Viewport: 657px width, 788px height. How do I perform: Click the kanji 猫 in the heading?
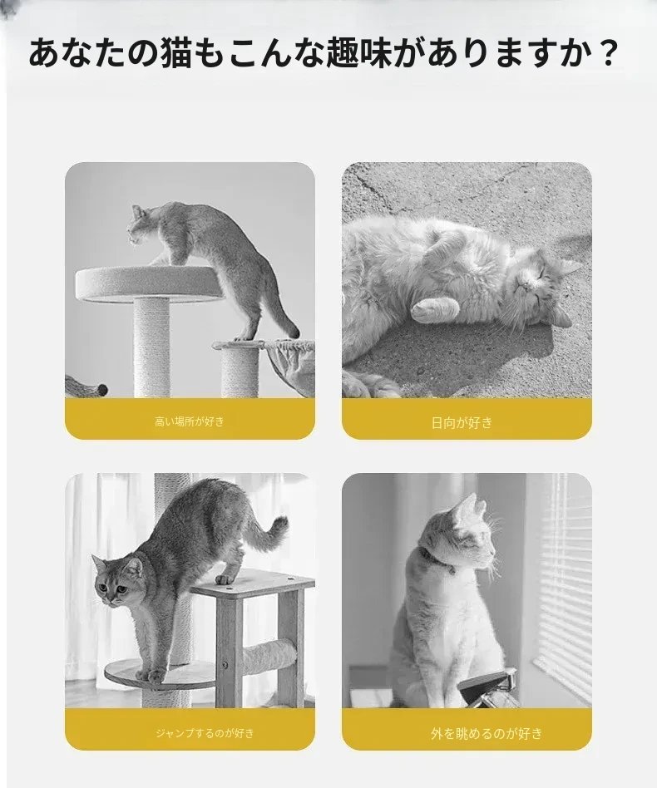[x=176, y=53]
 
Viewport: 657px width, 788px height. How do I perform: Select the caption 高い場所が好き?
[x=190, y=421]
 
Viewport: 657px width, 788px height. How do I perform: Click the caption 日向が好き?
[x=462, y=422]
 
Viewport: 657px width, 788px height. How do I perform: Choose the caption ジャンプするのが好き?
[x=205, y=732]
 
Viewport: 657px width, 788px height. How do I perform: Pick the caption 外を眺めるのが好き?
[x=487, y=733]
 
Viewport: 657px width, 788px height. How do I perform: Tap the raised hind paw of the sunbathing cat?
[x=435, y=307]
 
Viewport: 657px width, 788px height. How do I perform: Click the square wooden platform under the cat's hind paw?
[x=254, y=582]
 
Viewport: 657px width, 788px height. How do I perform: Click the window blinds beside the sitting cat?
[x=560, y=583]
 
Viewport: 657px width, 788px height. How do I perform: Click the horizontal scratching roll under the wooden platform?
[x=268, y=657]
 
